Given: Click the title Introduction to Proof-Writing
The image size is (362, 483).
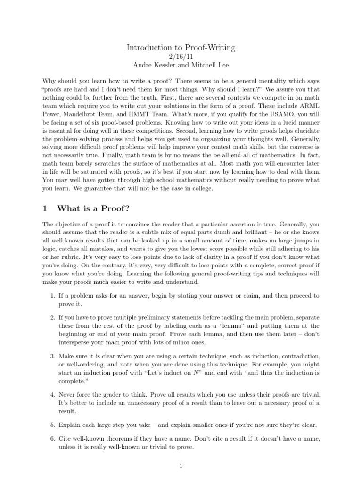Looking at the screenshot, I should click(x=181, y=48).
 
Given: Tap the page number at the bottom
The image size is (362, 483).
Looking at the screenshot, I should click(x=181, y=466).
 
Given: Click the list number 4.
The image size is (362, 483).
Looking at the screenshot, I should click(x=52, y=394).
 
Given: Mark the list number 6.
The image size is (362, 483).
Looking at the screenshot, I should click(x=52, y=439).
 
